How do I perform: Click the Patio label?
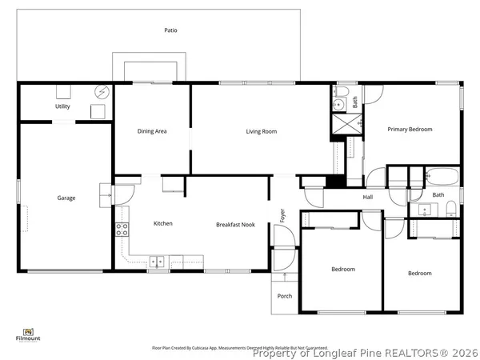click(x=171, y=30)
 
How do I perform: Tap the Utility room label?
click(x=62, y=106)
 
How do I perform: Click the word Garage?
click(x=66, y=198)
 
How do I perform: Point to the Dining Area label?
click(x=152, y=131)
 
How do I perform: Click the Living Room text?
click(x=261, y=131)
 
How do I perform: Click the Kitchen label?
click(x=163, y=223)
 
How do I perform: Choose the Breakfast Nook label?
click(x=235, y=225)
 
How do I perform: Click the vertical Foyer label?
click(x=282, y=214)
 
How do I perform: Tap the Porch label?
click(x=284, y=296)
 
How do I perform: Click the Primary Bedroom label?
click(x=410, y=129)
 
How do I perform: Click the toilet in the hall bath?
click(x=451, y=210)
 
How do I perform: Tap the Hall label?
click(x=368, y=197)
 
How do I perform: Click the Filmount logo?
click(x=27, y=334)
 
